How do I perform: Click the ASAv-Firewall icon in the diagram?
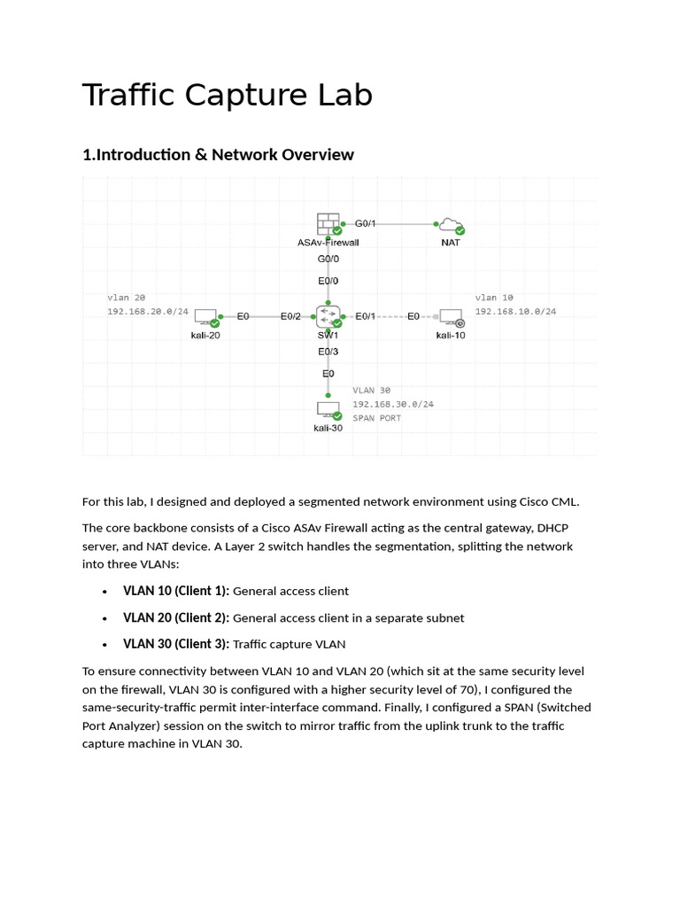[x=328, y=224]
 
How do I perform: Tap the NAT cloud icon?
[x=451, y=226]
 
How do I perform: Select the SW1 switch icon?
[x=328, y=317]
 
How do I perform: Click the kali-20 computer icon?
[x=205, y=318]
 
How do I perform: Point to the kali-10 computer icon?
[x=452, y=318]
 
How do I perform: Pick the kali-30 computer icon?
[x=328, y=411]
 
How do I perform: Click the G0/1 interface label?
[x=365, y=223]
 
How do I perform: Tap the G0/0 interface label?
[x=328, y=259]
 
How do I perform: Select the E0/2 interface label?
[x=290, y=316]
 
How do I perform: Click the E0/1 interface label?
[x=365, y=316]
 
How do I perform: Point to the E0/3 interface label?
[x=328, y=352]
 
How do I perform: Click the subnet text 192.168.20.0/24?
[x=148, y=311]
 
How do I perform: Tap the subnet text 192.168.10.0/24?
[x=516, y=311]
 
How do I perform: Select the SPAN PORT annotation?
[x=376, y=418]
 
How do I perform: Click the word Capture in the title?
[x=246, y=95]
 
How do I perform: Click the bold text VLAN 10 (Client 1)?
[x=176, y=591]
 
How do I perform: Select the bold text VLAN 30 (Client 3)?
[x=176, y=645]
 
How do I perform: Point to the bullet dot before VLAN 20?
[x=104, y=618]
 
